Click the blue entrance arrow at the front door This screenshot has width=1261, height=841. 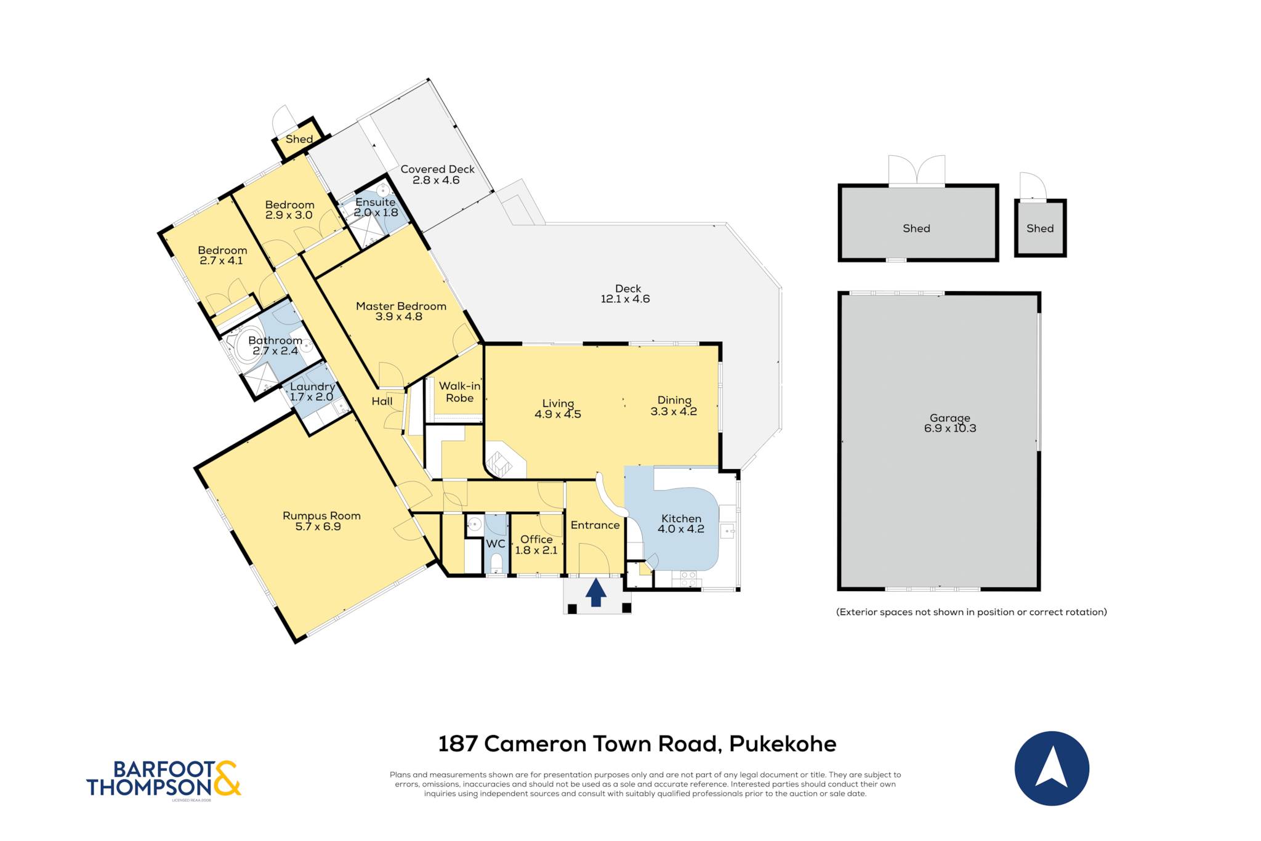coord(596,592)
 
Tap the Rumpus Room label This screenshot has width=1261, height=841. coord(321,516)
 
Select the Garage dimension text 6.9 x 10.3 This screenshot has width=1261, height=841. coord(950,429)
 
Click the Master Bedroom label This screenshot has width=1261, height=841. coord(401,306)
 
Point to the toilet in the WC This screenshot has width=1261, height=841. coord(496,562)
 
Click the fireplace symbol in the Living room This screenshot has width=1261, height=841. coord(499,464)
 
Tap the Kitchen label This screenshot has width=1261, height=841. coord(681,518)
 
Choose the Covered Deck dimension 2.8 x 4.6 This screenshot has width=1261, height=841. coord(436,180)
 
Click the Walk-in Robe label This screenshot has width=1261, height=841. coord(460,392)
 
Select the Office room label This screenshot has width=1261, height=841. coord(536,539)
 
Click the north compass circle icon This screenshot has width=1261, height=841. coord(1052,768)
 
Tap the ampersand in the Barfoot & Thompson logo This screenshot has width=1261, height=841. coord(226,778)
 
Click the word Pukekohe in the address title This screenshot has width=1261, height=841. coord(783,744)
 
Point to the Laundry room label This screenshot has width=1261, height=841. coord(313,387)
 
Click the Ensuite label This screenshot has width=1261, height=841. coord(376,202)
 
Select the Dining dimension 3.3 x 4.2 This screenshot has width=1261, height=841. coord(674,411)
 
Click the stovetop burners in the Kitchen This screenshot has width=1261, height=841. coord(688,579)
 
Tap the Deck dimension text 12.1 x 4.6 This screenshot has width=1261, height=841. coord(625,299)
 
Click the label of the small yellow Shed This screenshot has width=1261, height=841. coord(299,139)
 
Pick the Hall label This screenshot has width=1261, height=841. coord(382,401)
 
